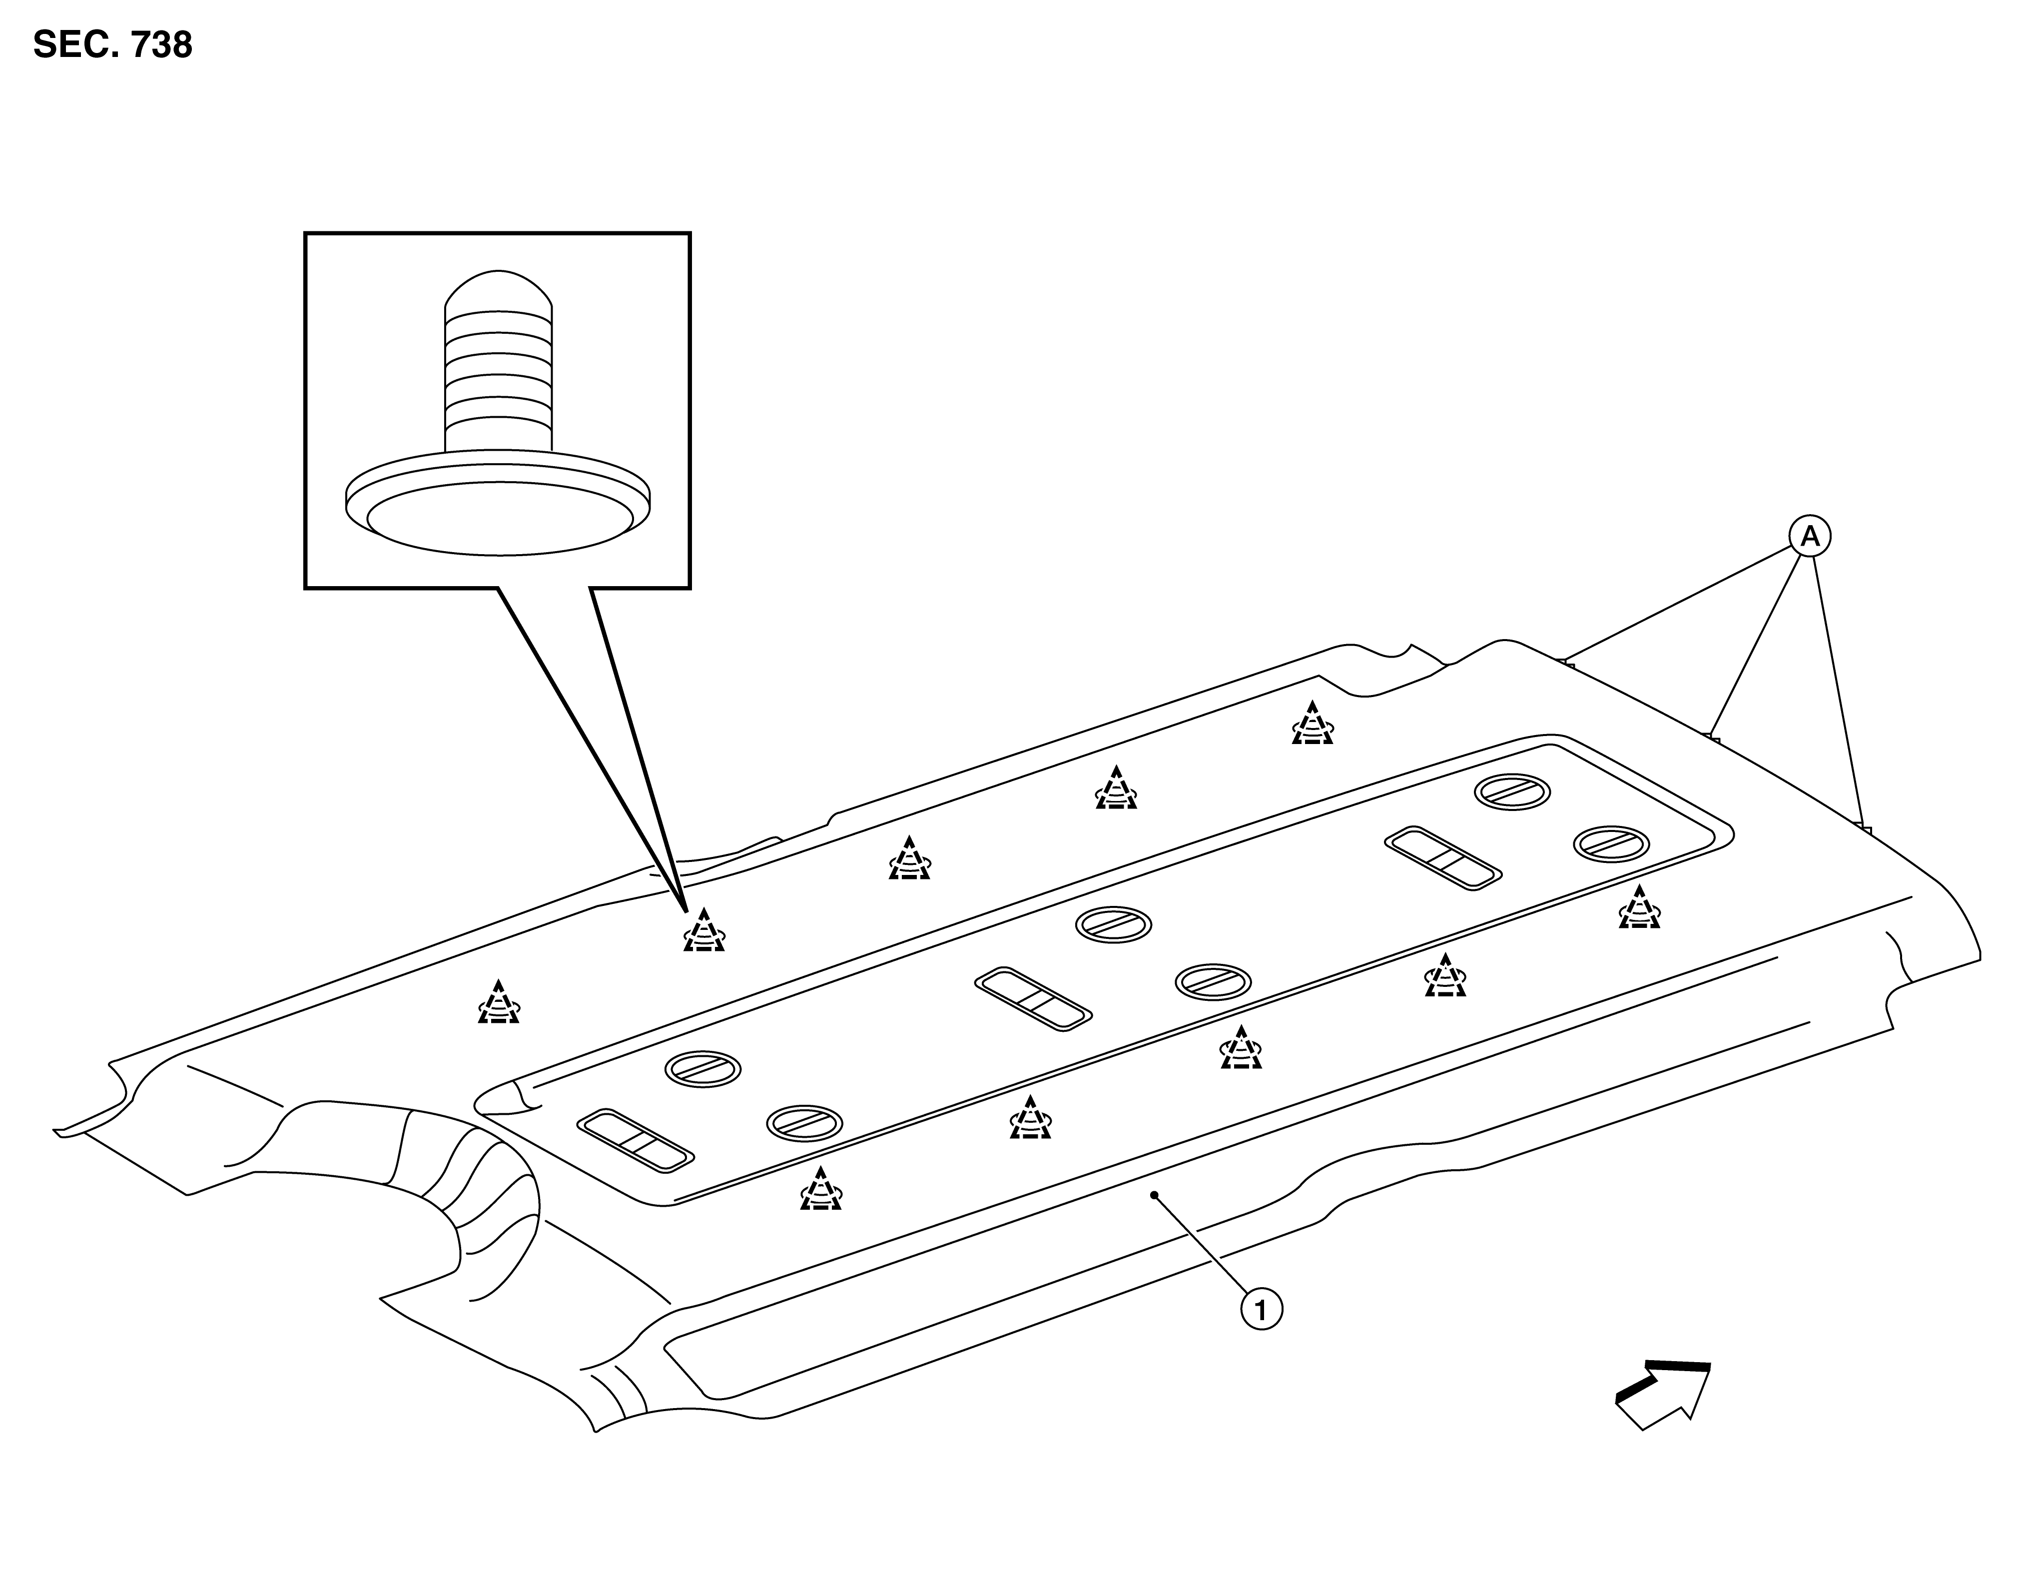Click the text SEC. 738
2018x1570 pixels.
(113, 44)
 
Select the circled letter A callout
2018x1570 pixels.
(1810, 536)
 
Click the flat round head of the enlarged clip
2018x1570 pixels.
(499, 504)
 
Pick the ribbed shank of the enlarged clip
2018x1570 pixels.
(499, 379)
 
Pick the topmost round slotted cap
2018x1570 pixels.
(1512, 792)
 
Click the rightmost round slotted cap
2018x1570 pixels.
(1611, 844)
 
